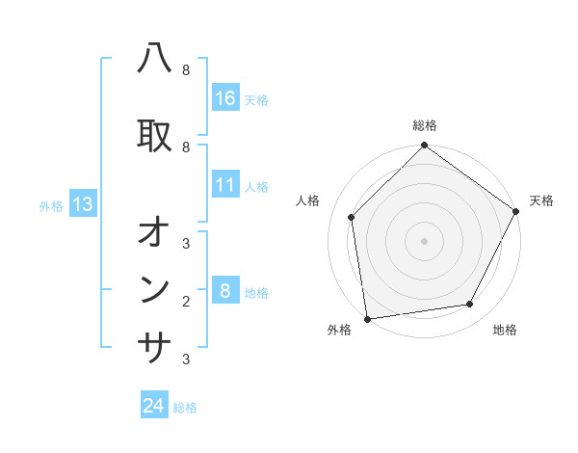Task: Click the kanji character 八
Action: click(155, 61)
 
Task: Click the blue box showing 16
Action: click(225, 98)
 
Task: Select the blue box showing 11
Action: click(225, 185)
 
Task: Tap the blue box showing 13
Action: click(83, 204)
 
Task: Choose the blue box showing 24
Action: click(154, 406)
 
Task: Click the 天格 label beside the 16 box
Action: click(256, 99)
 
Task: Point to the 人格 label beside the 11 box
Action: click(256, 186)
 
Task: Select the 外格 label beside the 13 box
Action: click(51, 205)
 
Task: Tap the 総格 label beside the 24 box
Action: click(185, 407)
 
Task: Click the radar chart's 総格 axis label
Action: click(425, 125)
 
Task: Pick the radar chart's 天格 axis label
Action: click(541, 200)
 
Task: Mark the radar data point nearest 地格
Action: click(470, 305)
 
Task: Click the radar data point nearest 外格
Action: click(367, 318)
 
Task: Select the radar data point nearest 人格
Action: click(352, 217)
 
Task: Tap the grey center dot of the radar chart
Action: click(425, 240)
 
